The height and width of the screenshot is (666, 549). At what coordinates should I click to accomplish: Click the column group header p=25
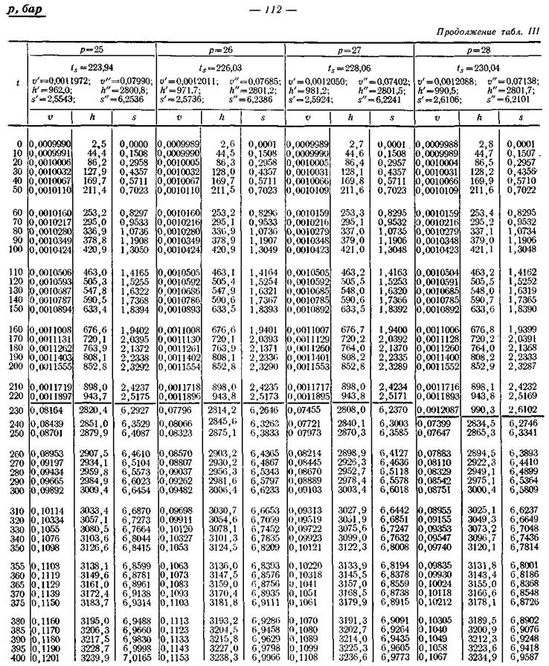91,49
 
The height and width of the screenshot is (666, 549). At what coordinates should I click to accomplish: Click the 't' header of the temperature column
17,83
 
